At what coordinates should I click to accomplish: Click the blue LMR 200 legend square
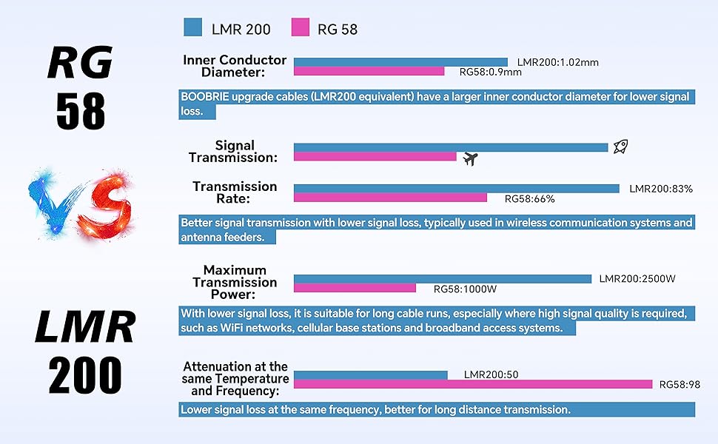pos(193,28)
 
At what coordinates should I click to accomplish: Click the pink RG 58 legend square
pos(300,28)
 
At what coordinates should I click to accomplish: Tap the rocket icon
pos(620,147)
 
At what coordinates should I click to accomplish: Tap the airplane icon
pos(469,159)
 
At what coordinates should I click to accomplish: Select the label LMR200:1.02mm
pos(558,62)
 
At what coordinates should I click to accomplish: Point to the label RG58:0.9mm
pos(491,72)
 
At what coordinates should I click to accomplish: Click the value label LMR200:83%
pos(661,189)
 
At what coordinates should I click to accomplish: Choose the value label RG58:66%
pos(529,198)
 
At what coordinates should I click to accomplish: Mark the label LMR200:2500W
pos(637,279)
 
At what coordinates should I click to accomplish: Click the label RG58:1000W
pos(465,289)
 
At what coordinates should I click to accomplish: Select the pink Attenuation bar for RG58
pos(473,384)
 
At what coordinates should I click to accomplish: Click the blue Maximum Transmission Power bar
pos(443,279)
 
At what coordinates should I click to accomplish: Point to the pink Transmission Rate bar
pos(390,198)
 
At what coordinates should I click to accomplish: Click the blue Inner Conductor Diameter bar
pos(400,62)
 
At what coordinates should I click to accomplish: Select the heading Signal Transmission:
pos(233,152)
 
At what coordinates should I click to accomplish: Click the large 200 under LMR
pos(85,376)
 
